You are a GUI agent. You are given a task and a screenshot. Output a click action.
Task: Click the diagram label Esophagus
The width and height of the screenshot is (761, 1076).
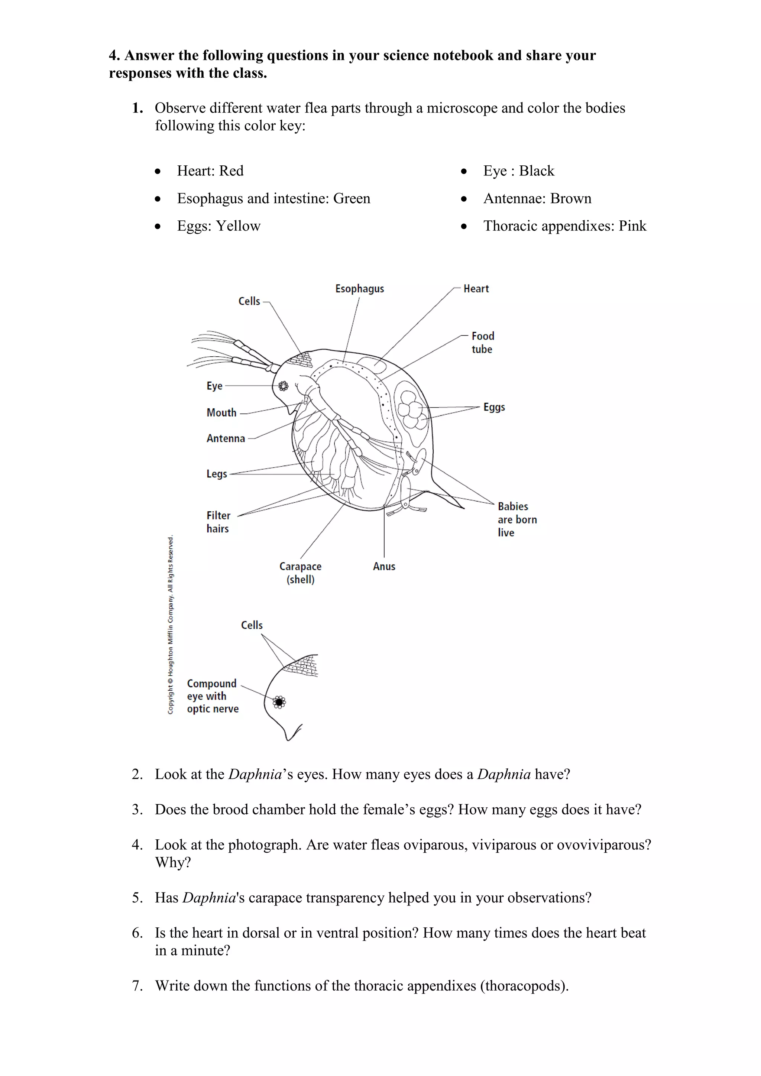click(359, 289)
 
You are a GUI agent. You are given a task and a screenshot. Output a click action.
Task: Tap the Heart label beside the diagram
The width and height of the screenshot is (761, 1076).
click(476, 289)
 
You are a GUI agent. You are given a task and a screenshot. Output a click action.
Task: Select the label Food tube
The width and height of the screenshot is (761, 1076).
click(482, 343)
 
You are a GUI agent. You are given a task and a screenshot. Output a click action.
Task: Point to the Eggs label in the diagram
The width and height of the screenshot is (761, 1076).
click(494, 407)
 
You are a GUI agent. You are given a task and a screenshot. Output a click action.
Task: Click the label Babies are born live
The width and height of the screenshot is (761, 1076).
click(516, 519)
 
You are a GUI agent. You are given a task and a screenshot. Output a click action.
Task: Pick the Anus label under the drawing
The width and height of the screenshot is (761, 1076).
click(384, 566)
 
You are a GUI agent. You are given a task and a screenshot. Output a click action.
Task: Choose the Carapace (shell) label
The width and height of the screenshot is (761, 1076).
click(300, 573)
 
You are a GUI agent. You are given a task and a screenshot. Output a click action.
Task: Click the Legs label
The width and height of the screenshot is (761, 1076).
click(217, 474)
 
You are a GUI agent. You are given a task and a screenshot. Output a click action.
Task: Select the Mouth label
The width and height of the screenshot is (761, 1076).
click(221, 413)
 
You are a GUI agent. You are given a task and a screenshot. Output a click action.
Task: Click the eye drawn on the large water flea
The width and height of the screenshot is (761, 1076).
click(283, 386)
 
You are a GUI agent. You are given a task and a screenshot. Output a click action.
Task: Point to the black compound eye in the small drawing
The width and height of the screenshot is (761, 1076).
click(279, 702)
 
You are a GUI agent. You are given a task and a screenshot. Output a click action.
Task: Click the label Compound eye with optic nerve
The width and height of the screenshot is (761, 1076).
click(212, 696)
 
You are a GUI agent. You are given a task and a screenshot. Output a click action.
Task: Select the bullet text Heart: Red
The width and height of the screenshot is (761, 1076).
click(210, 171)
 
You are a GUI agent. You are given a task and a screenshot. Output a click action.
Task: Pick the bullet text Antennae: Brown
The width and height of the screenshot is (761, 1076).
click(537, 199)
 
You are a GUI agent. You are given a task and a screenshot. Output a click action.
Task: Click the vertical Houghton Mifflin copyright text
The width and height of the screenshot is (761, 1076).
click(171, 625)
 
